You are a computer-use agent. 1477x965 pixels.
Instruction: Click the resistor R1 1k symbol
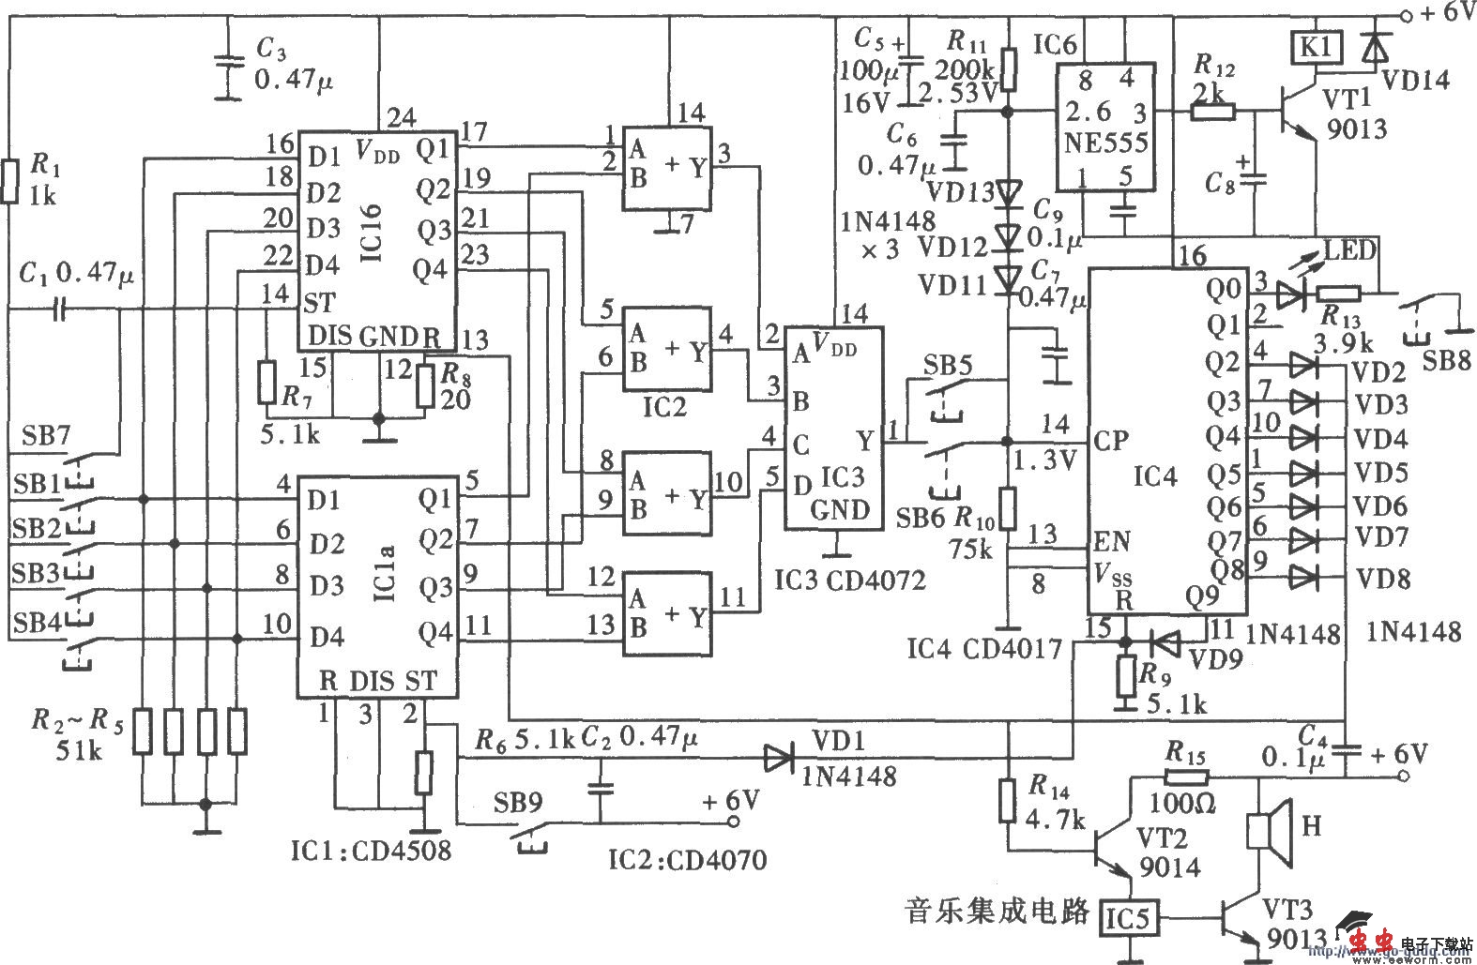(x=9, y=181)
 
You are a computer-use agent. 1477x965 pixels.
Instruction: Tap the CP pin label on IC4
(x=1111, y=440)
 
